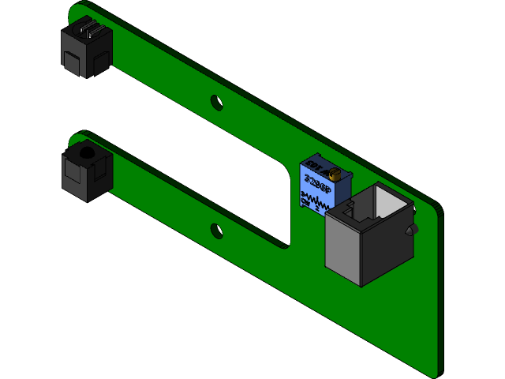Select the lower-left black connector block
85,174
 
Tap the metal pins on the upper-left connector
88,32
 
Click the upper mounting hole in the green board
215,102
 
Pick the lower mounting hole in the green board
215,230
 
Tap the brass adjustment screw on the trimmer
335,173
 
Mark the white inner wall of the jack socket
388,201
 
